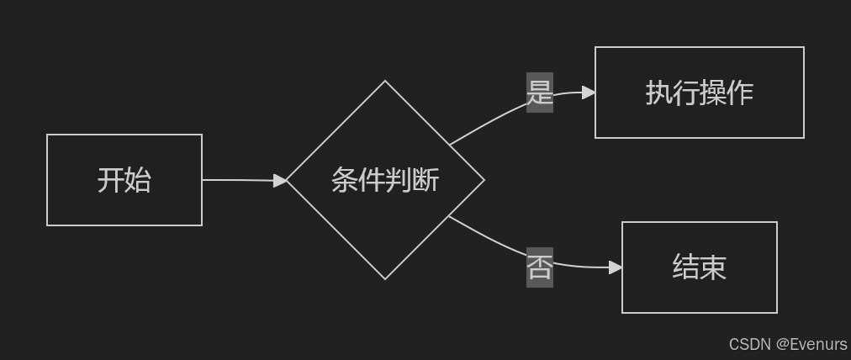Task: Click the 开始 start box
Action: click(x=124, y=180)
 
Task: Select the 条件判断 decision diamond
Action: click(x=385, y=180)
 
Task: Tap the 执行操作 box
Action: click(x=699, y=93)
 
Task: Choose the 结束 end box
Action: click(x=699, y=267)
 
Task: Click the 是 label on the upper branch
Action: click(x=540, y=93)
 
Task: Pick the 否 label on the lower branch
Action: click(x=540, y=267)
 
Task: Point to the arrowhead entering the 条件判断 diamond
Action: click(x=280, y=180)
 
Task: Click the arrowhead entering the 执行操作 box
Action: click(x=589, y=93)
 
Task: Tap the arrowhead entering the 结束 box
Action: click(x=616, y=267)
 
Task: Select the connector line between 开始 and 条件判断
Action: click(x=240, y=180)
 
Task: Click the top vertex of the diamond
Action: click(x=385, y=82)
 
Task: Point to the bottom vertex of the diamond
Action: click(x=385, y=278)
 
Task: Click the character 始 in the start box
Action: click(x=138, y=180)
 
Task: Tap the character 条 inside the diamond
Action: click(x=345, y=180)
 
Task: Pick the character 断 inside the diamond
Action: click(x=425, y=180)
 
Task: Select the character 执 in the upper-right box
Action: click(x=658, y=93)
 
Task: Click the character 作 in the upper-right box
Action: click(x=740, y=93)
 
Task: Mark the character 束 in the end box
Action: click(x=713, y=267)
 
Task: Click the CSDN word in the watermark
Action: click(x=750, y=345)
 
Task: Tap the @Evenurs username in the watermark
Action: click(x=811, y=345)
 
